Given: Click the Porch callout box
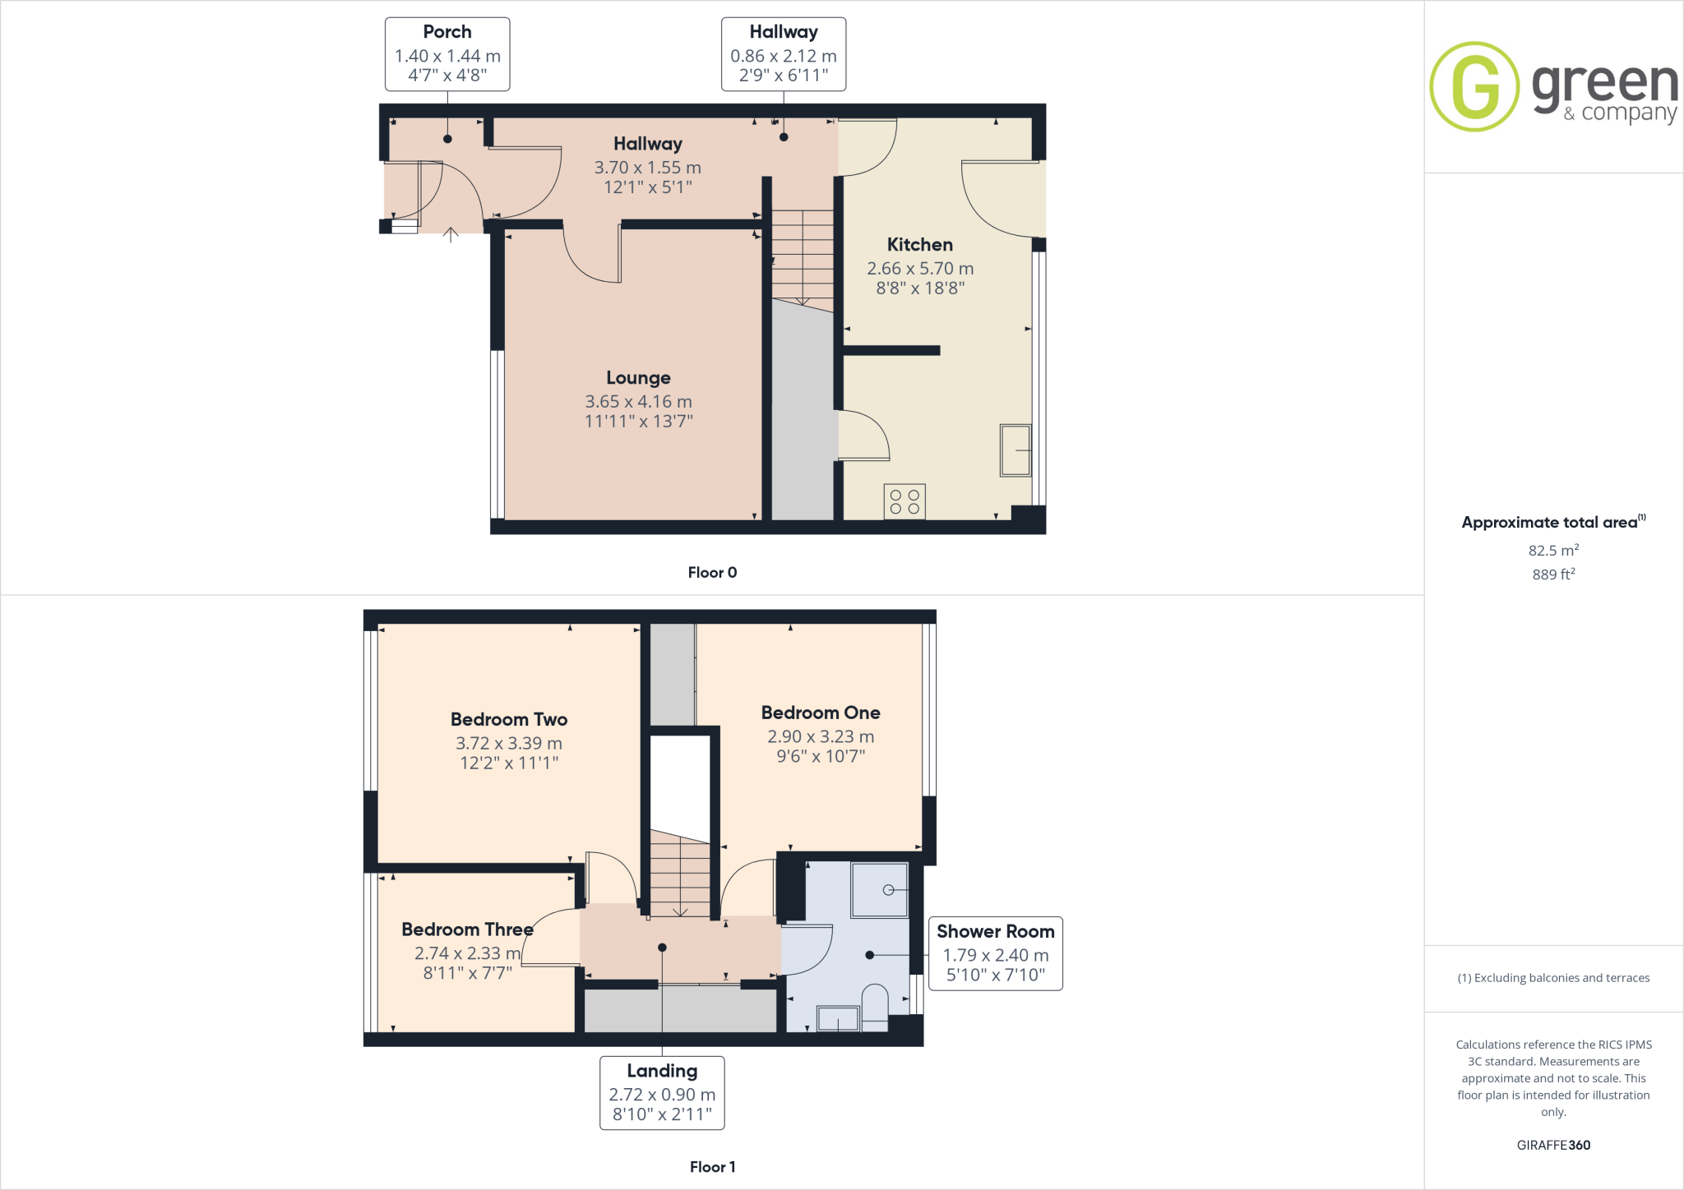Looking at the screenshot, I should click(x=447, y=54).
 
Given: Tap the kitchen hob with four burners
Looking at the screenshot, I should click(x=904, y=501).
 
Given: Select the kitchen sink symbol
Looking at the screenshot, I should click(x=1015, y=450).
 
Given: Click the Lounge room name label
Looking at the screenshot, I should click(x=638, y=378).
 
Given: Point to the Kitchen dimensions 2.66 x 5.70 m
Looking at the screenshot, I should click(x=920, y=269).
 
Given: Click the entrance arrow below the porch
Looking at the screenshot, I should click(x=451, y=235).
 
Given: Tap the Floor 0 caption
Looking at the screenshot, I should click(x=712, y=573).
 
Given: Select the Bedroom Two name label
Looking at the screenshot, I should click(x=509, y=719).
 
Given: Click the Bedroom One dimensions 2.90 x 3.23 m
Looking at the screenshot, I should click(x=821, y=736).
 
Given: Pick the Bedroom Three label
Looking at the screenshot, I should click(x=467, y=929).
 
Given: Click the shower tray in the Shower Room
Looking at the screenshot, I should click(x=880, y=889).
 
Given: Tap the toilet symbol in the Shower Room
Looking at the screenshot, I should click(x=875, y=1007).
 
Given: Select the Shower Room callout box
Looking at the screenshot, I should click(x=995, y=953).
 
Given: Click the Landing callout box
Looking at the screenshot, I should click(x=662, y=1093).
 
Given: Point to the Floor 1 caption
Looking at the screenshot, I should click(x=712, y=1167).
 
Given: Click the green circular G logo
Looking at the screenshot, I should click(x=1474, y=86).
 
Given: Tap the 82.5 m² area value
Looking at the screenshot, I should click(x=1553, y=551).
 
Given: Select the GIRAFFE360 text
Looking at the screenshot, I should click(x=1553, y=1145).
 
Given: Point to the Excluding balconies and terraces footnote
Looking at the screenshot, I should click(x=1553, y=978).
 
